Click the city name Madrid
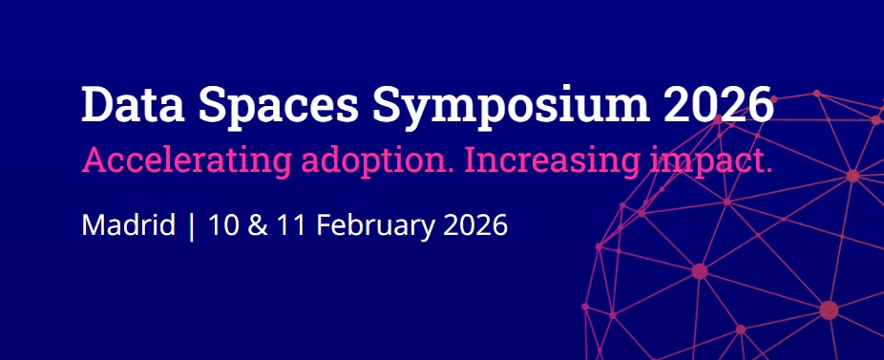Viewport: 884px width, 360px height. click(129, 225)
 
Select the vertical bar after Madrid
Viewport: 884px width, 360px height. click(192, 226)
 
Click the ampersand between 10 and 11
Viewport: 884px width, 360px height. click(258, 225)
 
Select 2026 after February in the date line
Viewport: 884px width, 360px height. click(475, 225)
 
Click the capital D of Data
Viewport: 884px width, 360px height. click(97, 104)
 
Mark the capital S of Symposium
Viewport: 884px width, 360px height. click(386, 104)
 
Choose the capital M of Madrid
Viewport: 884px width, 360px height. click(94, 225)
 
